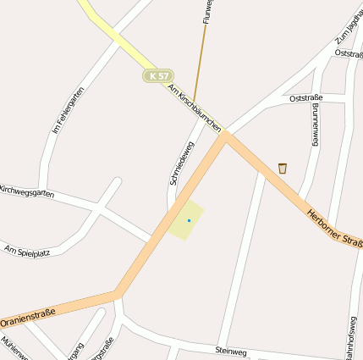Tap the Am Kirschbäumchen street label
pyautogui.click(x=195, y=107)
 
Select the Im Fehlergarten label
pyautogui.click(x=69, y=110)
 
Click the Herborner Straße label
pyautogui.click(x=335, y=229)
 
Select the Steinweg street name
pyautogui.click(x=231, y=349)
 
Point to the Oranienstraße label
pyautogui.click(x=28, y=318)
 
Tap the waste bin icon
pyautogui.click(x=282, y=168)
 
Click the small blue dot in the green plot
pyautogui.click(x=189, y=221)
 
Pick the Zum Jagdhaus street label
pyautogui.click(x=349, y=28)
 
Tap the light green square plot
pyautogui.click(x=186, y=220)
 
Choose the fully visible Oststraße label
pyautogui.click(x=306, y=98)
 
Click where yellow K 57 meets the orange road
pyautogui.click(x=225, y=134)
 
